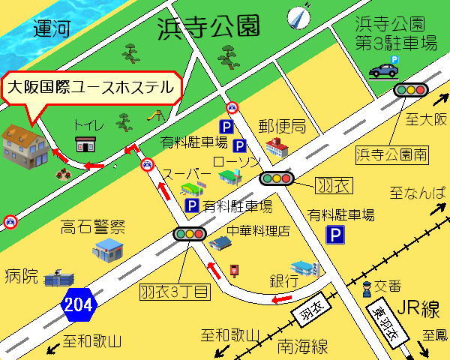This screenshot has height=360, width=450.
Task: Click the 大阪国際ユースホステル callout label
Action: [91, 87]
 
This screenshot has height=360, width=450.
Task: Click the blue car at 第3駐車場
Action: [383, 70]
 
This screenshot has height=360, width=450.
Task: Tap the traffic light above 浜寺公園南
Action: [410, 90]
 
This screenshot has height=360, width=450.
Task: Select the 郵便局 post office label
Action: [282, 124]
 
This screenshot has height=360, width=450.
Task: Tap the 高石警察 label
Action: [93, 227]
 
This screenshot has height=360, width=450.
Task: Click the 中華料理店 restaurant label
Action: [259, 231]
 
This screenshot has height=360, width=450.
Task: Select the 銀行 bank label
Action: [284, 280]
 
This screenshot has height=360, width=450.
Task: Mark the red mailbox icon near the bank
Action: [234, 268]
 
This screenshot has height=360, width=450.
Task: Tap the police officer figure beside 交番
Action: [366, 287]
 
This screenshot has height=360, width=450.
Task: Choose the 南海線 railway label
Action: [302, 346]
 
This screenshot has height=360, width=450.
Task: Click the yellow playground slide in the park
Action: [157, 115]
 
